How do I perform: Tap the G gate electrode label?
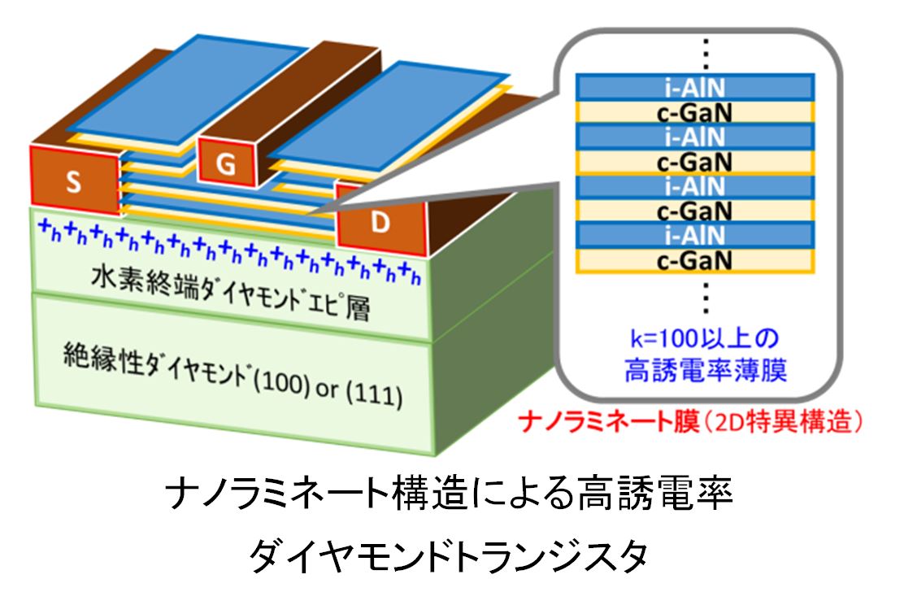227,165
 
